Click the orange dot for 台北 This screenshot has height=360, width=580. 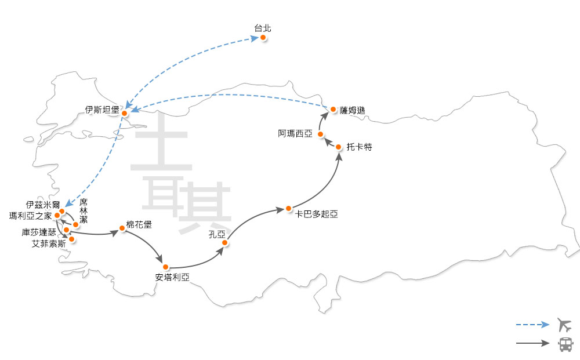263,38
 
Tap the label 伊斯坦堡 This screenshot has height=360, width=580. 102,109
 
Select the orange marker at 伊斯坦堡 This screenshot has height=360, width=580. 124,114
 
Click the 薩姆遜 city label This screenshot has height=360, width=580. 353,110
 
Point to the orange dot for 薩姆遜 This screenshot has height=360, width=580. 333,109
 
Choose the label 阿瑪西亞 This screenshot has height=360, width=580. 295,134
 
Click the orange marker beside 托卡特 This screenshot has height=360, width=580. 339,147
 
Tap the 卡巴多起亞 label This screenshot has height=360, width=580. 316,214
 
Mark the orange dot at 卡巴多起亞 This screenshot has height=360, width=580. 288,208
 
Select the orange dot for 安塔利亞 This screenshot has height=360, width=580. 165,267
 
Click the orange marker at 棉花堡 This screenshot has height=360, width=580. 122,229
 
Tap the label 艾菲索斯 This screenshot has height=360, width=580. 49,243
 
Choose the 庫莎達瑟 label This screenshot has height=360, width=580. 39,232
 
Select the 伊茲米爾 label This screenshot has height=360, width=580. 43,205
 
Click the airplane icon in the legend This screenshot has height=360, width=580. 564,324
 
